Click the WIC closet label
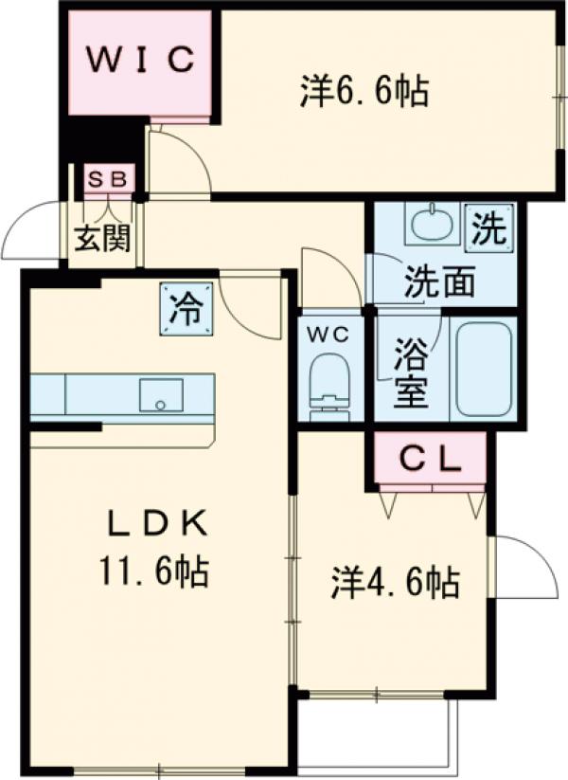(x=141, y=59)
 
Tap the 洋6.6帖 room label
(x=364, y=91)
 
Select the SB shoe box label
(x=109, y=178)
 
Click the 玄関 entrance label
(x=103, y=238)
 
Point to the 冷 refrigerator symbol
(x=186, y=309)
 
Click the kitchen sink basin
(x=161, y=395)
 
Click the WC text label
(x=328, y=336)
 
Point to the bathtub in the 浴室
(x=484, y=369)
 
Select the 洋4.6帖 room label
(x=395, y=582)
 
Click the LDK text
(x=157, y=524)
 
